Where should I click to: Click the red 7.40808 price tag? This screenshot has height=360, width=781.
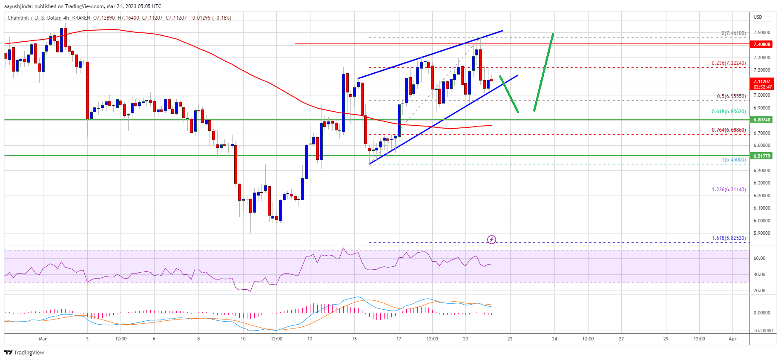pos(762,44)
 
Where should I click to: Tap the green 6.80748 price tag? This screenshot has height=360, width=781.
pos(762,120)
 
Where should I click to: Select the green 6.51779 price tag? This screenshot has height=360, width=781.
pos(762,156)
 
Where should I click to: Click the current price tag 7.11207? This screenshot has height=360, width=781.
pos(762,81)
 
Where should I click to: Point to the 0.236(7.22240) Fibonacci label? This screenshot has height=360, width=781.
pos(728,63)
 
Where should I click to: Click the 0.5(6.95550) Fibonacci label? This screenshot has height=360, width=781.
pos(731,96)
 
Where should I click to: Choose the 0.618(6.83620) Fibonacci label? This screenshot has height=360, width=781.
pos(728,112)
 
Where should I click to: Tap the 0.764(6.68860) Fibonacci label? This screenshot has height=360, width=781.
pos(728,130)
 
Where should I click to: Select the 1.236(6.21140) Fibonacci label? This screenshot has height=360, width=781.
pos(728,190)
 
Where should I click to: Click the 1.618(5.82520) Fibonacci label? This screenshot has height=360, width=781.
pos(728,238)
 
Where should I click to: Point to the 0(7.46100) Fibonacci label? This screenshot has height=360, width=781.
pos(733,33)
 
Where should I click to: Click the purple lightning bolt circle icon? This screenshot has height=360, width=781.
pos(491,239)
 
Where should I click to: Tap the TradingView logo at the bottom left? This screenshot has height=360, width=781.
pos(24,352)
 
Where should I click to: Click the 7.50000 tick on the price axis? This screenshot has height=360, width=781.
pos(761,32)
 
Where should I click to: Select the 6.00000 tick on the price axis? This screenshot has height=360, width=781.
pos(761,221)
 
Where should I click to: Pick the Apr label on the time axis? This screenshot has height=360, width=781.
pos(732,339)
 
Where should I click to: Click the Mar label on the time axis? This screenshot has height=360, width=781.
pos(43,339)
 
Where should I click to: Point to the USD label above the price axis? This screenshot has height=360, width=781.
pos(758,17)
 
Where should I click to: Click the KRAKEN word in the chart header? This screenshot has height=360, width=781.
pos(81,18)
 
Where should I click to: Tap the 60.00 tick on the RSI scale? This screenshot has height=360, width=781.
pos(759,258)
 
